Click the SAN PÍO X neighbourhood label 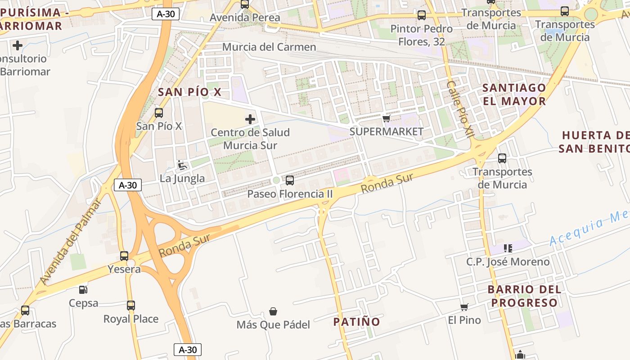189,92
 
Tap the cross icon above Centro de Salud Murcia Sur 250,119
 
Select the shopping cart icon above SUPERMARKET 386,118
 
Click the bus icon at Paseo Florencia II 290,180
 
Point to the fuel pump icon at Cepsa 83,289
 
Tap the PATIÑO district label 356,322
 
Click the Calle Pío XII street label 461,109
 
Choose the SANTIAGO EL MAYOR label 514,94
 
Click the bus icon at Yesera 124,256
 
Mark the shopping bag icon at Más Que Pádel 273,311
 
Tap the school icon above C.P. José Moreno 508,248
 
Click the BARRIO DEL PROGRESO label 524,296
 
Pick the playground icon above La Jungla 182,165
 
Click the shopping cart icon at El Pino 464,307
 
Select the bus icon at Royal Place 130,306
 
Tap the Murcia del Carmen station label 269,47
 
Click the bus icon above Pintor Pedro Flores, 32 422,15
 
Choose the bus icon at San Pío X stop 159,113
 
